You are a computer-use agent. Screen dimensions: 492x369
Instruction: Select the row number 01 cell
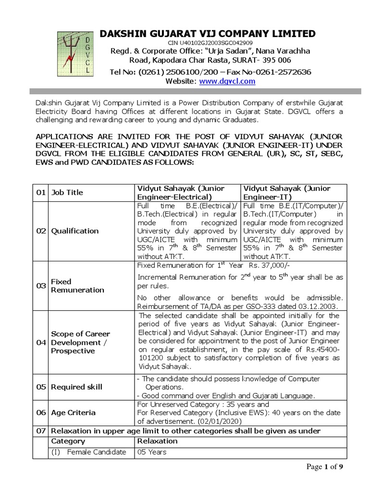tap(41, 193)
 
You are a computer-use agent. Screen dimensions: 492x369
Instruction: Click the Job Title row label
tap(67, 193)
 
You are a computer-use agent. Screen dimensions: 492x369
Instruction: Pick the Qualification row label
tap(74, 231)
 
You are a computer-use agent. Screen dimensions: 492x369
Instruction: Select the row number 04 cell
tap(41, 343)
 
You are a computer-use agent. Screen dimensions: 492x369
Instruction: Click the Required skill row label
tap(76, 387)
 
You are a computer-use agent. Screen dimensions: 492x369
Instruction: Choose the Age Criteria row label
tap(73, 413)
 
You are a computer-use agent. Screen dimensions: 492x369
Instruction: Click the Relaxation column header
tap(157, 441)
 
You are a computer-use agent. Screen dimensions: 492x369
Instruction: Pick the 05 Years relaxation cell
tap(152, 452)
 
